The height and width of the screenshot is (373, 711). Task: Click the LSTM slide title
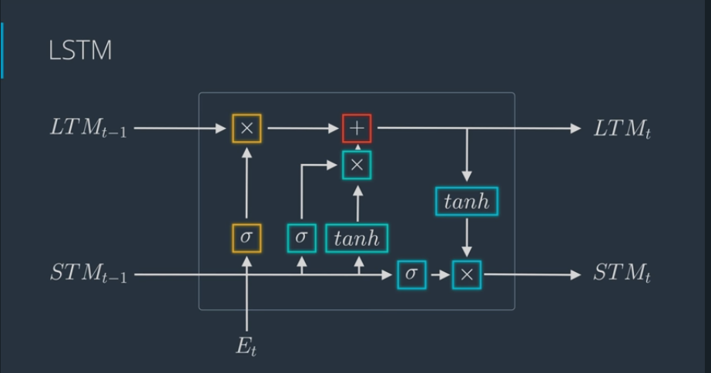click(80, 51)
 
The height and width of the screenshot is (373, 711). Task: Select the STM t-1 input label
click(89, 274)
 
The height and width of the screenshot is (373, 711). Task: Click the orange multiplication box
click(247, 129)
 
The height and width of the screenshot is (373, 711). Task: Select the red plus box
click(357, 129)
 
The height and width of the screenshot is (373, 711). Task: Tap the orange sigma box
click(247, 237)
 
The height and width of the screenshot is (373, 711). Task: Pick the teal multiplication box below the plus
click(357, 164)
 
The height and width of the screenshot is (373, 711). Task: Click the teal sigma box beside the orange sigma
click(301, 237)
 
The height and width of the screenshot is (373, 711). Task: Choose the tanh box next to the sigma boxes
click(357, 237)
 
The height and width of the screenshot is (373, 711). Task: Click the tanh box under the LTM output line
click(467, 201)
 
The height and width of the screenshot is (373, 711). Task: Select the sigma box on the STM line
click(411, 274)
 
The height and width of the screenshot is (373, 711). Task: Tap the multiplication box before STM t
click(467, 274)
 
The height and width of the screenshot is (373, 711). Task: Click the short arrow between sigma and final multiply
click(439, 274)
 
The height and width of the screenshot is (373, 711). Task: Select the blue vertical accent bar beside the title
click(2, 50)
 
